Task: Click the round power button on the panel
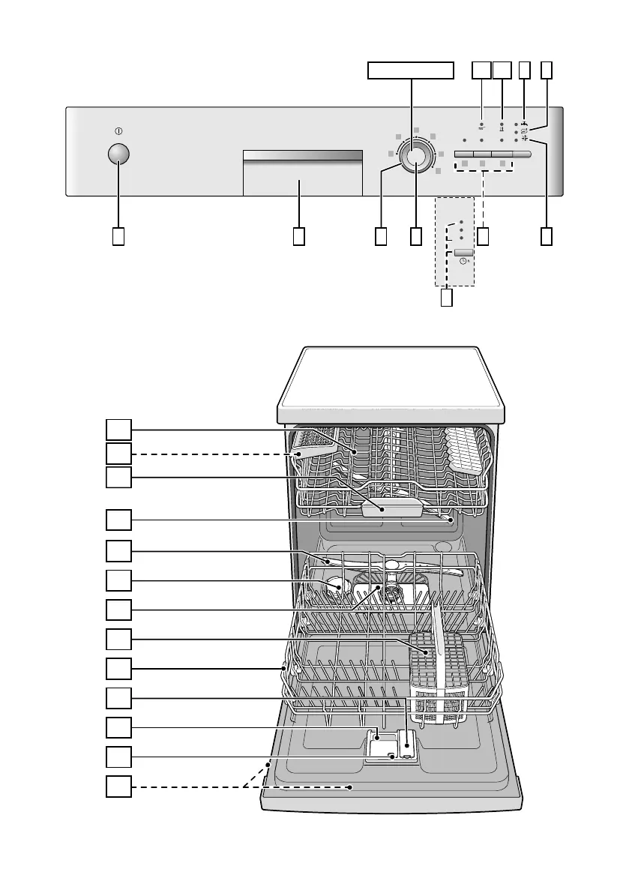point(118,153)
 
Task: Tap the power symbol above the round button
point(118,132)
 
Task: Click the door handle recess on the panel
point(302,173)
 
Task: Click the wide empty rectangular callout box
point(411,70)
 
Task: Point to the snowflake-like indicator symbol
point(525,139)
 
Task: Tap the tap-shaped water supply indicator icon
point(524,124)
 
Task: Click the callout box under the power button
point(118,236)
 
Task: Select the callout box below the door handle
point(298,236)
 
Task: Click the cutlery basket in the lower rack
point(439,675)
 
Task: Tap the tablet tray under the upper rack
point(391,508)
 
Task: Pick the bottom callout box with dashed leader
point(118,787)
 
